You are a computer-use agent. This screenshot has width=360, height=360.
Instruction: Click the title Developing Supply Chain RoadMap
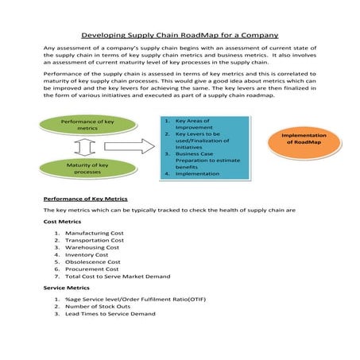(x=180, y=35)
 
